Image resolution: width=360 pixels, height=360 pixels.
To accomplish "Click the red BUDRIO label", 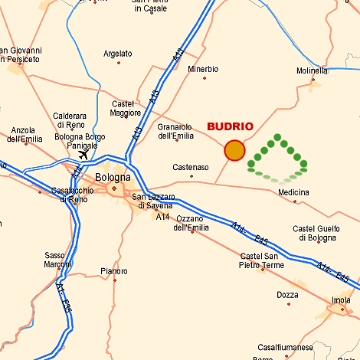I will [230, 127].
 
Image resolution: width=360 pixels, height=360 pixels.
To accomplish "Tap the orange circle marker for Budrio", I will [234, 150].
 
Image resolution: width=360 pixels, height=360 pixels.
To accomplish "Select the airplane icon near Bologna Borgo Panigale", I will [83, 155].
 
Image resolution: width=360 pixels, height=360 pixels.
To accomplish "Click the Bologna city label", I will [113, 178].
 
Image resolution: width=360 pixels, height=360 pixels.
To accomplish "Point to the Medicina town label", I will [293, 192].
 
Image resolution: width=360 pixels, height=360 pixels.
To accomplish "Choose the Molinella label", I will [312, 71].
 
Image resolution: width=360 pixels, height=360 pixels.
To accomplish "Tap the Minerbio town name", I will [203, 69].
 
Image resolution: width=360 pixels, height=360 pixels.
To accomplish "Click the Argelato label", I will [118, 54].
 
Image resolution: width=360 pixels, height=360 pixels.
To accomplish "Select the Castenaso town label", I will [191, 167].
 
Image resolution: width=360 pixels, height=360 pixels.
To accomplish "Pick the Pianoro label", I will [114, 271].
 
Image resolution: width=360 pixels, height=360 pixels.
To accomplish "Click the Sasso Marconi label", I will [55, 260].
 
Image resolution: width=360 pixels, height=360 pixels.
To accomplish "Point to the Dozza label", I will [287, 295].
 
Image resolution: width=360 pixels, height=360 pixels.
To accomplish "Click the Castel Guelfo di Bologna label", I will [315, 234].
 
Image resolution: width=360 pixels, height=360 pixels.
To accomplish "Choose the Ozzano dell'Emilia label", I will [191, 224].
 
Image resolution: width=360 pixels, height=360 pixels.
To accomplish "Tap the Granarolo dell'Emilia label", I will [175, 132].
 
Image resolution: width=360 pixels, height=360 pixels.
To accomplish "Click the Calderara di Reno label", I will [70, 120].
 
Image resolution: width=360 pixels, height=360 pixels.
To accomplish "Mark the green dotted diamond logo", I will [277, 159].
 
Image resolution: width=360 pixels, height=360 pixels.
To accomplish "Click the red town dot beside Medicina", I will [295, 201].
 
